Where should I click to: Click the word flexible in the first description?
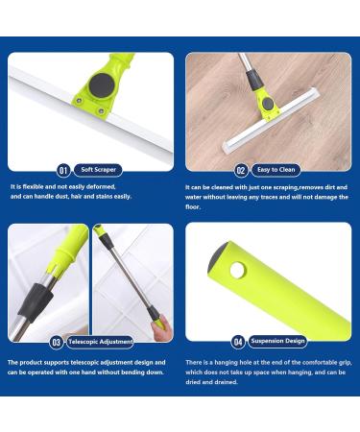coord(38,186)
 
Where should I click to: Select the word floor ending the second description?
coord(193,205)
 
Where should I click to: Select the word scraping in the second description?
coord(288,186)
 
